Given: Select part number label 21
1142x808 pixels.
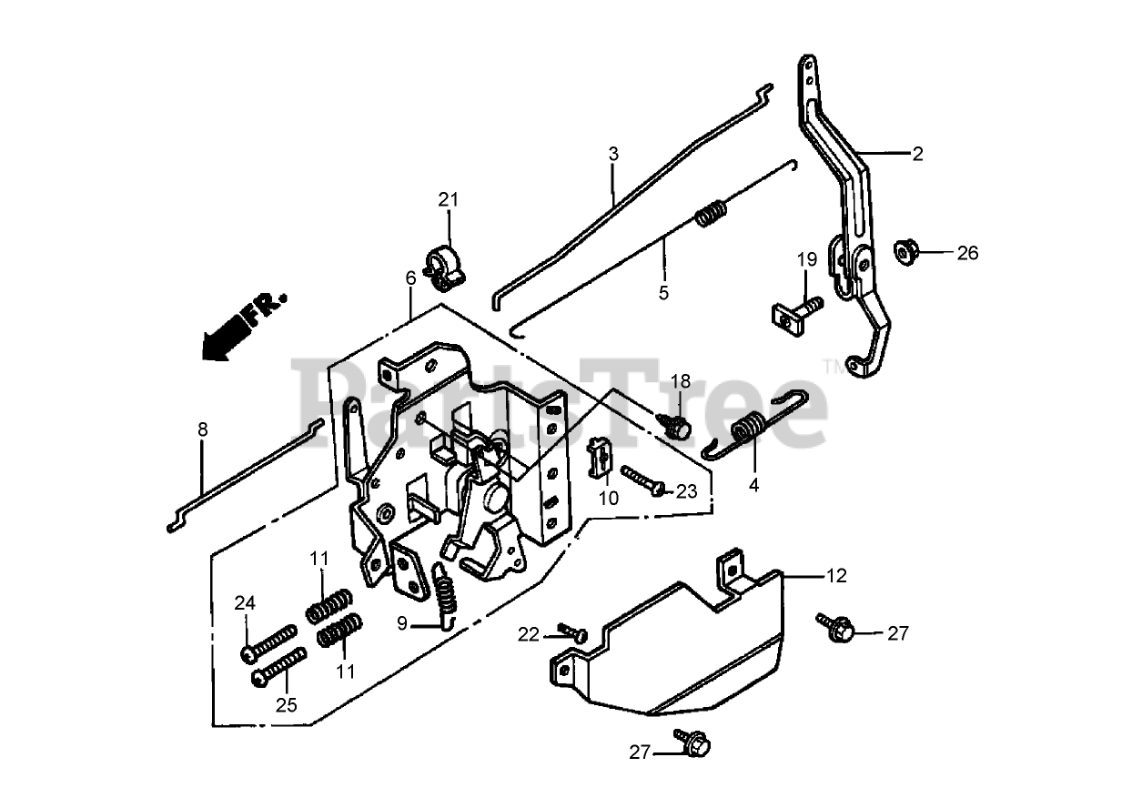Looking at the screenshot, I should (x=449, y=200).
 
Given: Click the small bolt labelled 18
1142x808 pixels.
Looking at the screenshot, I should (x=677, y=423).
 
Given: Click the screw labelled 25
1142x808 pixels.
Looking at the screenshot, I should (x=275, y=671).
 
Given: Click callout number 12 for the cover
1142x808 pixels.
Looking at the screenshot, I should (x=836, y=576).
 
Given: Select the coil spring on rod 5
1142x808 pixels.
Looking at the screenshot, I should (x=712, y=214).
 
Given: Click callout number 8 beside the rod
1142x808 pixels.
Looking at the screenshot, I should (x=202, y=429).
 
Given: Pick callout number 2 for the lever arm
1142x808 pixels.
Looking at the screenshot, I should (x=917, y=154).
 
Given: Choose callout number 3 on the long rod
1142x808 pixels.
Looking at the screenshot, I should (x=613, y=154).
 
